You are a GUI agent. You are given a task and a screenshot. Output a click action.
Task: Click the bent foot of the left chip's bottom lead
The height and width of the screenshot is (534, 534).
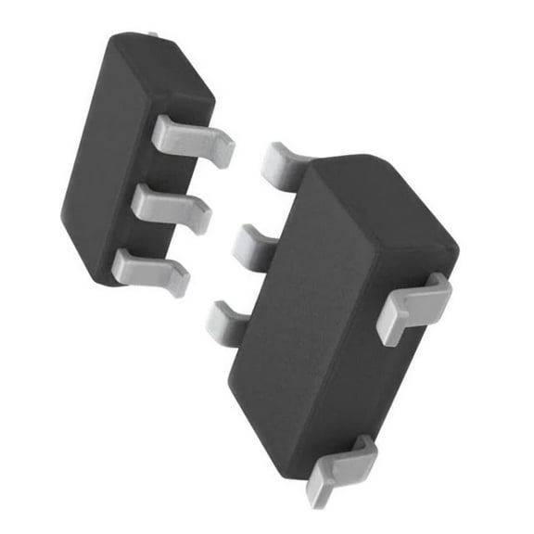coord(176,278)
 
